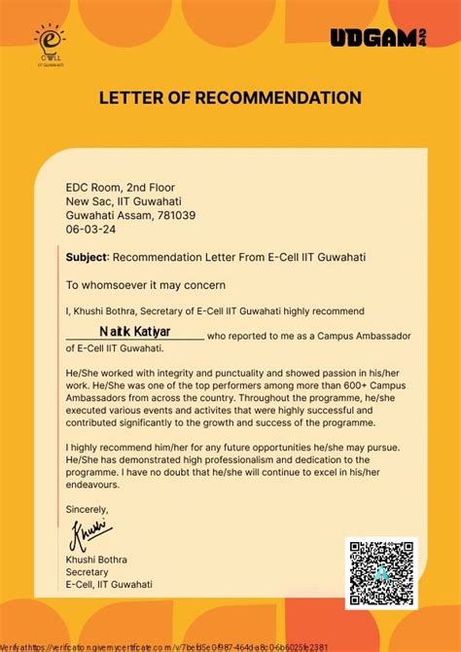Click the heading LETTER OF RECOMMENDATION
(x=230, y=98)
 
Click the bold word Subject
(x=88, y=258)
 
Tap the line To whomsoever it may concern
(x=145, y=285)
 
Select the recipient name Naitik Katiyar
(x=134, y=333)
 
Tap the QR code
(x=381, y=574)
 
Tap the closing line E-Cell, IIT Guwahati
(x=109, y=586)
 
